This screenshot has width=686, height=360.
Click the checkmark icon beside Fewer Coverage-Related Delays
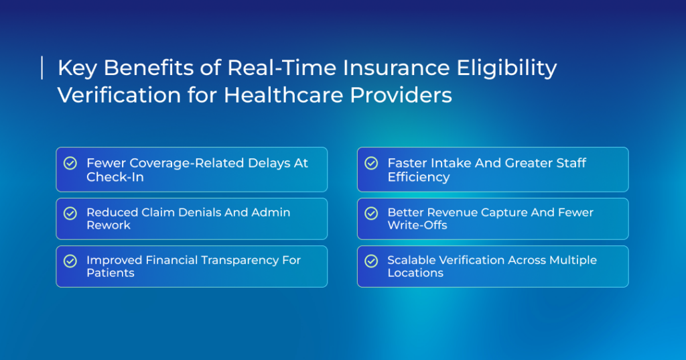click(70, 164)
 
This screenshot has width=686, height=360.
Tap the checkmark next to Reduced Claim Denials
click(70, 213)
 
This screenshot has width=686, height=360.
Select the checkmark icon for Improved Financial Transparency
click(70, 261)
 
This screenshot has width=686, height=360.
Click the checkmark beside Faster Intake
click(371, 164)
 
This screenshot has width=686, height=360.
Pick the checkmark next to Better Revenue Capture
click(371, 213)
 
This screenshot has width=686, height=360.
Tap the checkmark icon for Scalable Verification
click(371, 261)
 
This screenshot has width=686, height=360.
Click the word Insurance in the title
click(396, 68)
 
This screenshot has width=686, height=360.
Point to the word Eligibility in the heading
click(506, 69)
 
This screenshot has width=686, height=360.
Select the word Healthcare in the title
click(283, 95)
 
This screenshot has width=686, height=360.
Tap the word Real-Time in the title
click(281, 68)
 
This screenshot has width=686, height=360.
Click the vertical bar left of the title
click(42, 68)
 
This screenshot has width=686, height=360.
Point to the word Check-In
click(115, 177)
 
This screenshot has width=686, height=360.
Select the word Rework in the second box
click(109, 225)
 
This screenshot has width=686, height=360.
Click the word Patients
click(111, 273)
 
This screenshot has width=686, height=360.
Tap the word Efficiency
click(419, 178)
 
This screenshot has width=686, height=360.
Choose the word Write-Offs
click(417, 225)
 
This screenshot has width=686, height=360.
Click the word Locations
click(415, 273)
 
